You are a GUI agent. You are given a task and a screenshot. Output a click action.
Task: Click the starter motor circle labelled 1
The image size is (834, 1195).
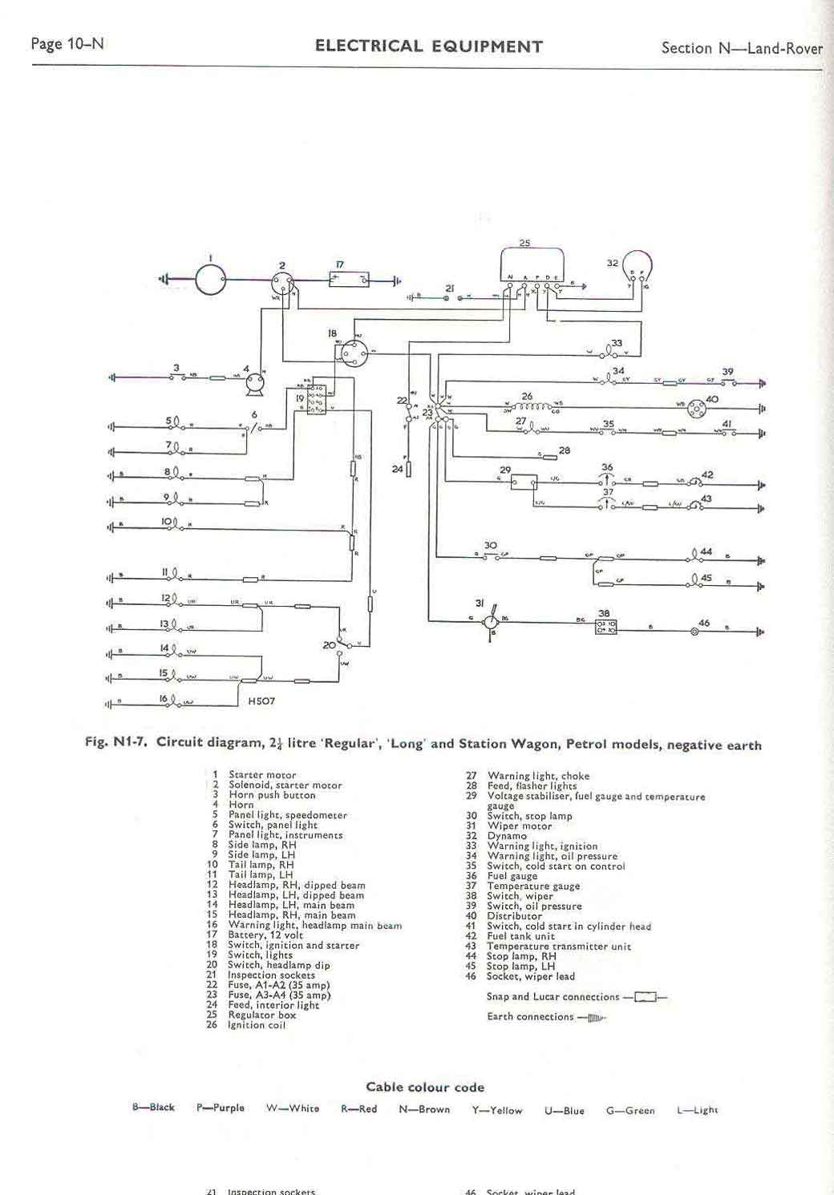click(210, 280)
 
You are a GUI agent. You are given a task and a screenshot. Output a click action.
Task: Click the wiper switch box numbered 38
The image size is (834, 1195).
click(605, 628)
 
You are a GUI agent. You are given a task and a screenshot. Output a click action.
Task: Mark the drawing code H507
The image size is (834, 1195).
click(262, 701)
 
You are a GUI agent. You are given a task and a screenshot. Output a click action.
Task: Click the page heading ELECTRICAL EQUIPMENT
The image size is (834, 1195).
click(428, 46)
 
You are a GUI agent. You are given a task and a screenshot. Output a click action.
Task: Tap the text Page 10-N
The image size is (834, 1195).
click(67, 44)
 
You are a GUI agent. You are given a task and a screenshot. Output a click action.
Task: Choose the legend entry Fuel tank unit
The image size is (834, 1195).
click(520, 936)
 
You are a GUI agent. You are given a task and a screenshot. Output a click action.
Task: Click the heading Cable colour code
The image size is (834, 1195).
click(425, 1088)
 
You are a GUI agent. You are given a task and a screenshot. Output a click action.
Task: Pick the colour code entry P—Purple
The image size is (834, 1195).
click(221, 1108)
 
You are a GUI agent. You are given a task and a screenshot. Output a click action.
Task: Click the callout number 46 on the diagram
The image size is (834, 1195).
click(704, 623)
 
